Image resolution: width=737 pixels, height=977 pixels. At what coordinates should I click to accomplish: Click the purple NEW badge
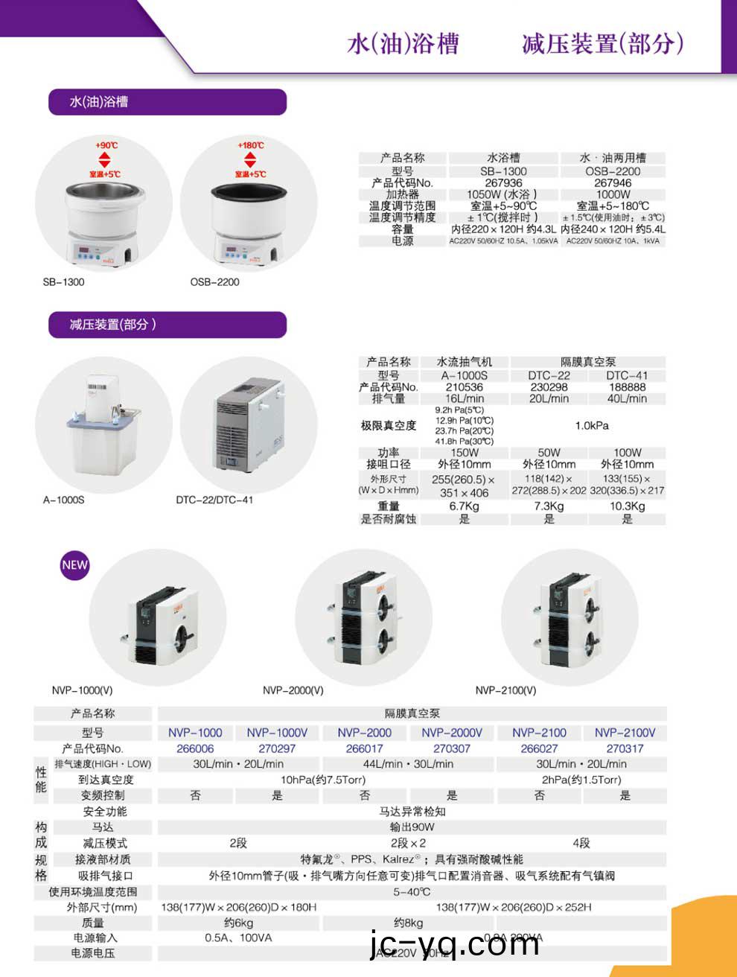(x=74, y=564)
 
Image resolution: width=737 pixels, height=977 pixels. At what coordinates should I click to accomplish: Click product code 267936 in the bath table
(x=503, y=182)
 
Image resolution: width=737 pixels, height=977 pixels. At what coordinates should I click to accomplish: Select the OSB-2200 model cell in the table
(x=613, y=171)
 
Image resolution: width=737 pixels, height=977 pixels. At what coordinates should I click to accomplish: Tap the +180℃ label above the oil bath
(x=251, y=145)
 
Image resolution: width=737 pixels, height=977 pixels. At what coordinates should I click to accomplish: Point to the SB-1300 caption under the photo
(x=64, y=282)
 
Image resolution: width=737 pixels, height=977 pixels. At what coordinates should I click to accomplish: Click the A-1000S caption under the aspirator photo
(x=64, y=500)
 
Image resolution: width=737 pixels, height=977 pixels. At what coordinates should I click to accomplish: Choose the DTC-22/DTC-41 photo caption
(x=214, y=500)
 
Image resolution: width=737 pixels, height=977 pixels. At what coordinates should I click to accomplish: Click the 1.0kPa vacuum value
(x=592, y=425)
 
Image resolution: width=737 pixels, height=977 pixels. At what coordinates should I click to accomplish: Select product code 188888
(x=627, y=387)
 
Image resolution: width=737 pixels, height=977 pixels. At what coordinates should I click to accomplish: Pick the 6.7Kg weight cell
(x=465, y=506)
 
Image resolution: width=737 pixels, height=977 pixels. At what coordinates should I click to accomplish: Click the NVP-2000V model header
(x=452, y=733)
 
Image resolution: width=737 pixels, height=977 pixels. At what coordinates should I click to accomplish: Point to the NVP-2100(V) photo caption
(x=505, y=690)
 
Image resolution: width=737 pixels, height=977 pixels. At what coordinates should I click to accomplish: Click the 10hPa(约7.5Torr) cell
(x=323, y=780)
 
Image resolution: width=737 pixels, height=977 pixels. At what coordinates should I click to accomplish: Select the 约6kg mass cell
(x=239, y=923)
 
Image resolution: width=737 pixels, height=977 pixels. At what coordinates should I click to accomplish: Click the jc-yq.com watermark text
(x=455, y=944)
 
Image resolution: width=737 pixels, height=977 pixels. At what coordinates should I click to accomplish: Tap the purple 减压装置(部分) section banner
(x=167, y=325)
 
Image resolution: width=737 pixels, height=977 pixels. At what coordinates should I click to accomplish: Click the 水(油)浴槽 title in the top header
(x=403, y=43)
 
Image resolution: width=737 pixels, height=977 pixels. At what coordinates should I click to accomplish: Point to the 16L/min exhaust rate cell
(x=465, y=398)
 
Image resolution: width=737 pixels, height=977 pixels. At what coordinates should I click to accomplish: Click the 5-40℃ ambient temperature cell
(x=412, y=891)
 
